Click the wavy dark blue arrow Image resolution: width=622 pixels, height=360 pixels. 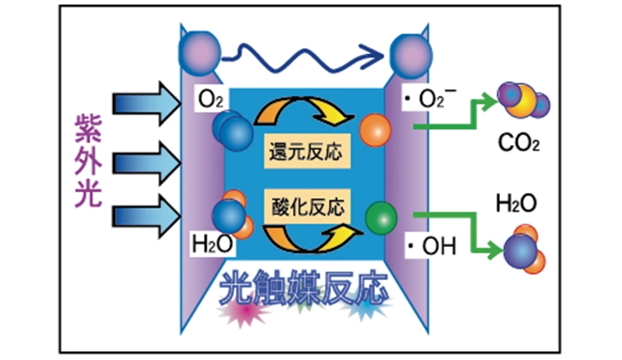[x=304, y=55]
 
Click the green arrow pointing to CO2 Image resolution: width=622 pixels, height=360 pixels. [x=458, y=115]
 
